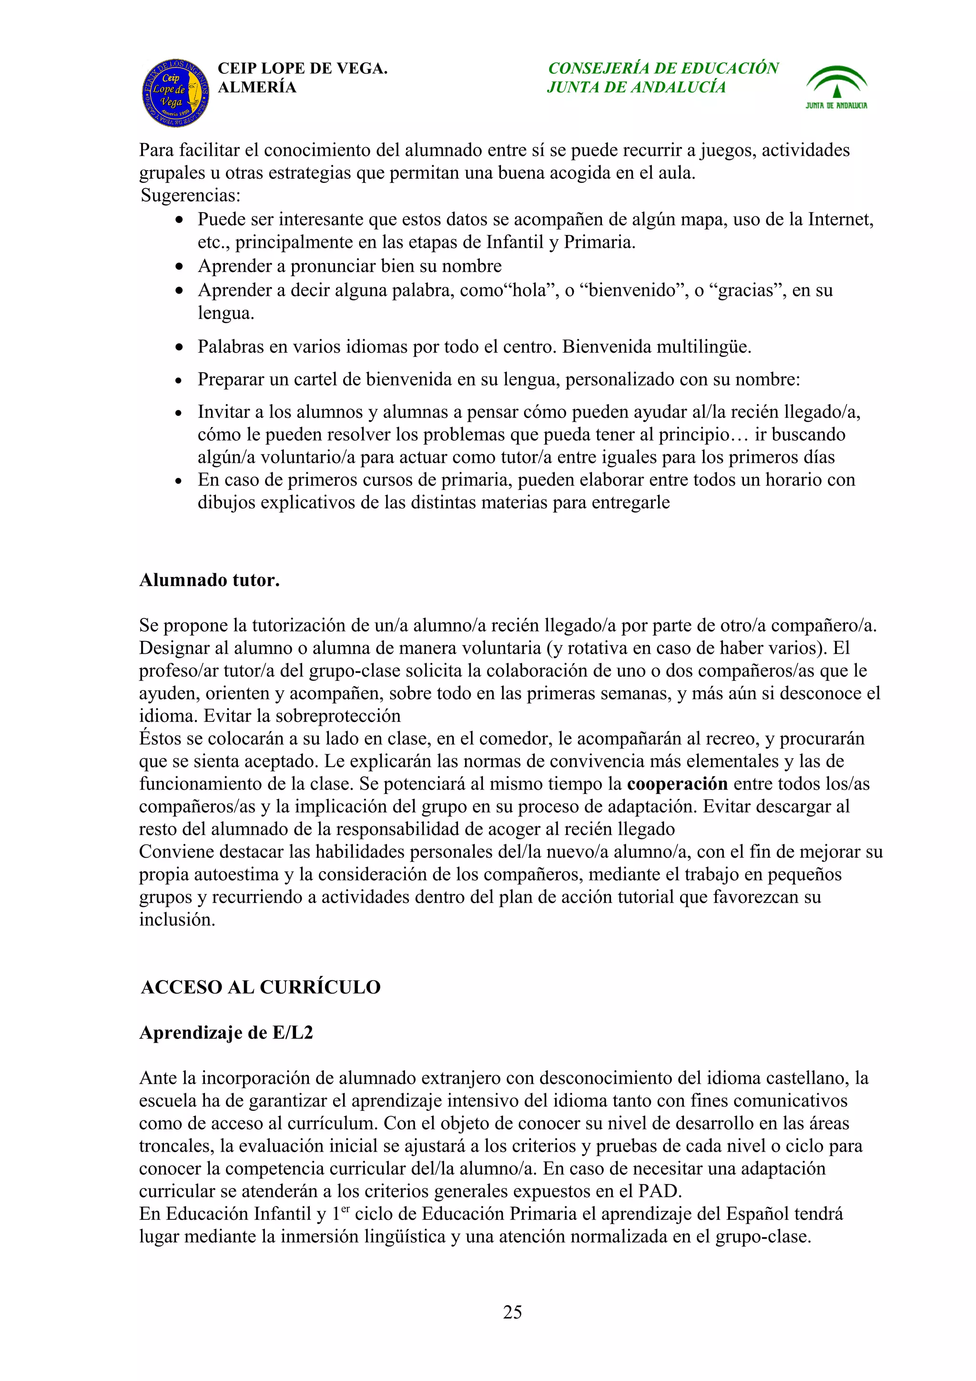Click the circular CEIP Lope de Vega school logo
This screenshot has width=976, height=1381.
(x=175, y=93)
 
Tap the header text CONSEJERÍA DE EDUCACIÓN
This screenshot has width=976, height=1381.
(x=663, y=68)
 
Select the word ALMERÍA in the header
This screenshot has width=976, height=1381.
(x=257, y=88)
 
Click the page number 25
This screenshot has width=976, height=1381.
(x=512, y=1312)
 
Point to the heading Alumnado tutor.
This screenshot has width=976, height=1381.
(x=209, y=580)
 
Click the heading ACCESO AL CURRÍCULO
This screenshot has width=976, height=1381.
(x=260, y=987)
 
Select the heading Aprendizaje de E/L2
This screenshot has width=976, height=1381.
(x=226, y=1033)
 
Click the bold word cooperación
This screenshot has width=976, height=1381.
(x=677, y=784)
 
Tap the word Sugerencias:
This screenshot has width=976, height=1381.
(x=191, y=195)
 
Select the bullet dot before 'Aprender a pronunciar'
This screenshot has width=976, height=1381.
(x=179, y=266)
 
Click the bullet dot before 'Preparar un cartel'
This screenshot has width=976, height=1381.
(x=179, y=381)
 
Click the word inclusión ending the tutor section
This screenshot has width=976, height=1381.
(x=177, y=920)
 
